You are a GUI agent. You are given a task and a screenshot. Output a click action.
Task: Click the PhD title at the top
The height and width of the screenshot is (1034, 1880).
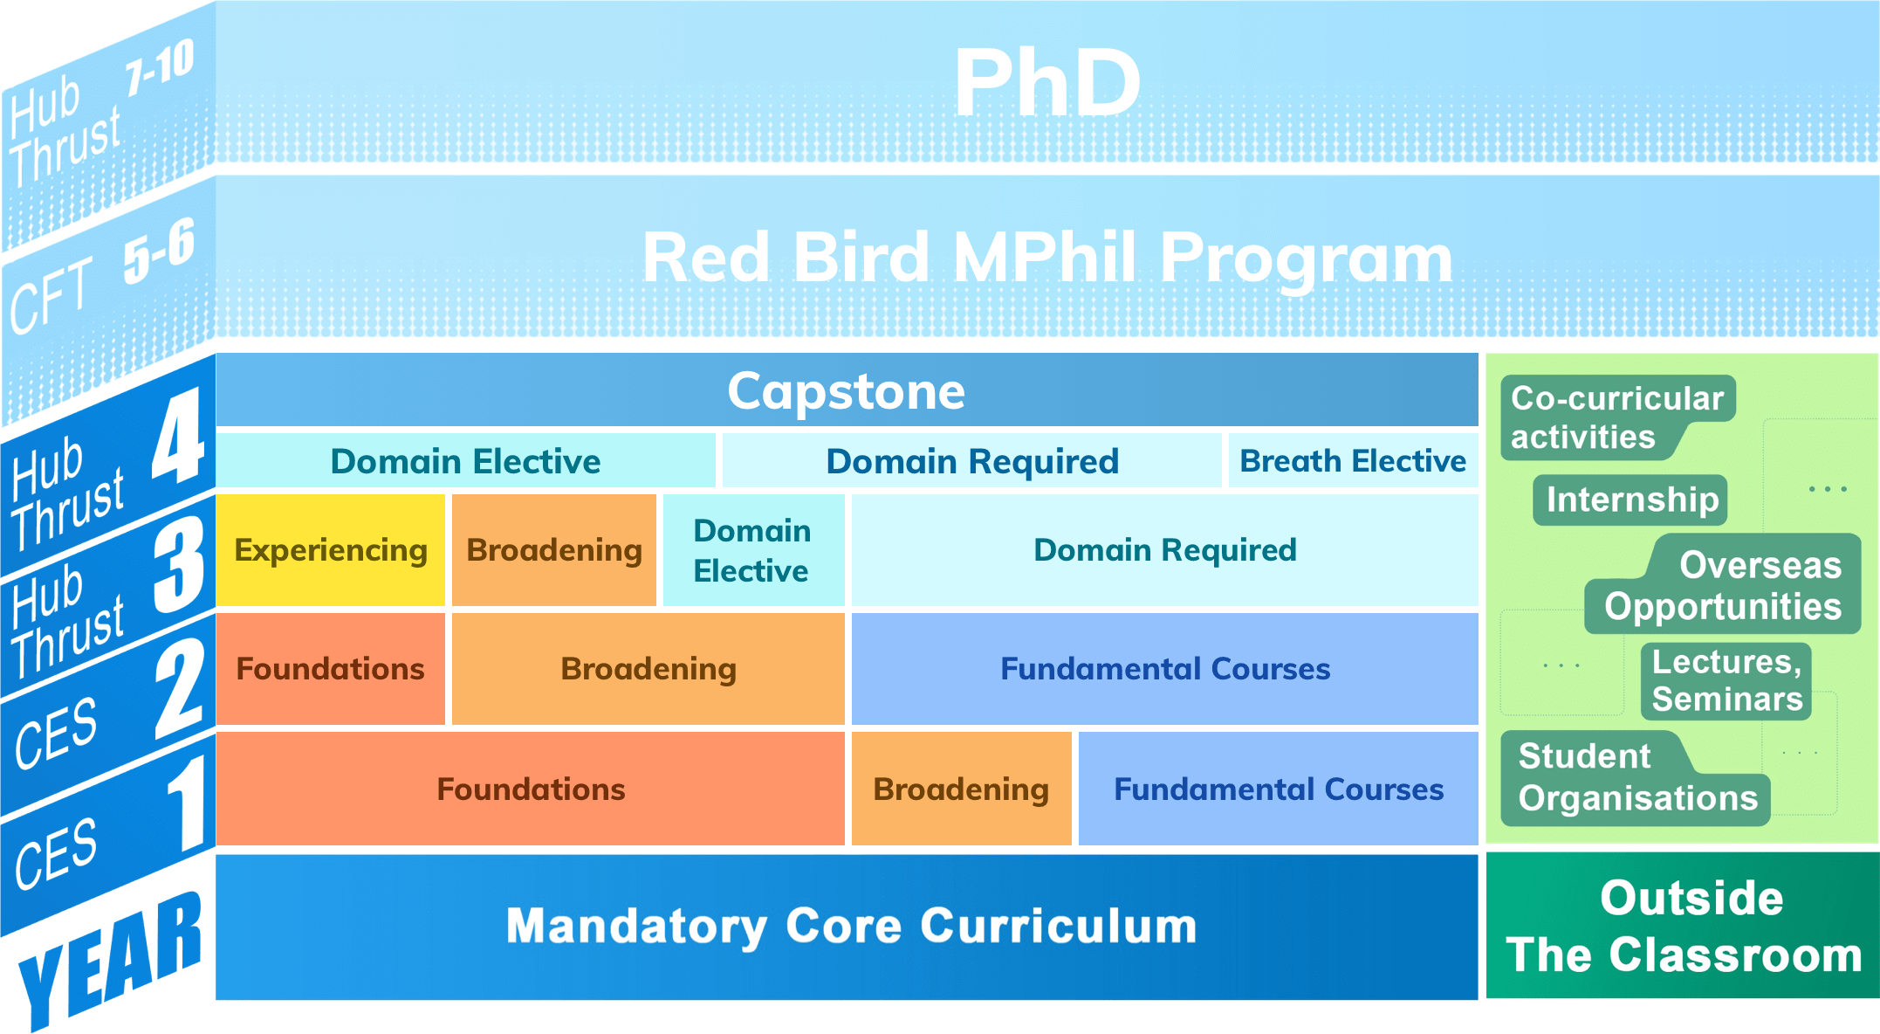click(1046, 83)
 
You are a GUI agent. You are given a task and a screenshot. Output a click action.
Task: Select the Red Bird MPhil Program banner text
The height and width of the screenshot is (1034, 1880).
click(1046, 258)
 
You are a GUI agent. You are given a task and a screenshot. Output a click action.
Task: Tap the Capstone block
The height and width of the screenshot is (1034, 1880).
click(846, 390)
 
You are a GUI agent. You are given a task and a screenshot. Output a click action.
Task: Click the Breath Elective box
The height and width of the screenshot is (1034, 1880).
click(1352, 460)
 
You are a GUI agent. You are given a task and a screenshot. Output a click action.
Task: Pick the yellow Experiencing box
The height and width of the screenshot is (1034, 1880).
click(331, 550)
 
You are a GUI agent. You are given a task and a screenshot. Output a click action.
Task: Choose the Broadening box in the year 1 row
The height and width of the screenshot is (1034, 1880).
click(961, 789)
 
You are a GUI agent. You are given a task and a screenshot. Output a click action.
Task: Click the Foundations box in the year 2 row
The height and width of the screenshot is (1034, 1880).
click(330, 669)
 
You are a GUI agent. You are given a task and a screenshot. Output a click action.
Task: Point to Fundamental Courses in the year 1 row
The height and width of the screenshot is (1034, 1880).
click(1278, 789)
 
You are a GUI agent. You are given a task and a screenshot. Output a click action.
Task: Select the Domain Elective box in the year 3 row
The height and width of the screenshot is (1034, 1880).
click(752, 550)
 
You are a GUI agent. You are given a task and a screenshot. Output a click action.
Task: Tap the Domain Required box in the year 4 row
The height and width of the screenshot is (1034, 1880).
click(971, 460)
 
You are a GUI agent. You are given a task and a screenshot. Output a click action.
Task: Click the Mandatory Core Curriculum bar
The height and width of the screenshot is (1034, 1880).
click(851, 926)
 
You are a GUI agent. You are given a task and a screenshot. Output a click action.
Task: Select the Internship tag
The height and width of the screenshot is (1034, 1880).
click(1631, 500)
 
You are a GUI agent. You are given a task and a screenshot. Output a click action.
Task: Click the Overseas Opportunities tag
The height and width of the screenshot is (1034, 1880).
click(1723, 586)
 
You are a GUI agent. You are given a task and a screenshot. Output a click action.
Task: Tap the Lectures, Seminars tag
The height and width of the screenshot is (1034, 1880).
click(1726, 681)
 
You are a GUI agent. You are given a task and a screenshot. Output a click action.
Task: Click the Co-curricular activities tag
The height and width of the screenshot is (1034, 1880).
click(1616, 417)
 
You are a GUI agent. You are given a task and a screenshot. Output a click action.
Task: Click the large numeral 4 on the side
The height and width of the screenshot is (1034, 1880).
click(178, 437)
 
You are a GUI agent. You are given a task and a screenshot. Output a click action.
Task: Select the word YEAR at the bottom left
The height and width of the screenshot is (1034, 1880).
click(109, 961)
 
